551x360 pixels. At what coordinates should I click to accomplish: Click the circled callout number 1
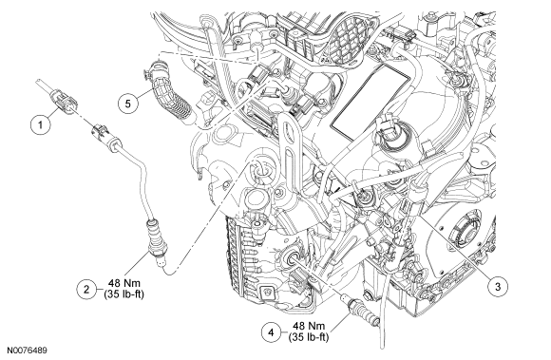click(41, 124)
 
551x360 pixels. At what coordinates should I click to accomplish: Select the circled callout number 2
click(86, 289)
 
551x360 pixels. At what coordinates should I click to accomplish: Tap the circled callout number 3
click(498, 286)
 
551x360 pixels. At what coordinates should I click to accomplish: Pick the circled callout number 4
click(271, 332)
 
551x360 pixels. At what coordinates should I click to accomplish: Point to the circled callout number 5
click(128, 104)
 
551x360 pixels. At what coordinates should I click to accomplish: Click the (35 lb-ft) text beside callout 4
click(309, 337)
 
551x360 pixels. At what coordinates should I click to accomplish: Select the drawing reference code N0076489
click(27, 351)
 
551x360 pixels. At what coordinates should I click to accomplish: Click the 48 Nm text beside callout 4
click(309, 326)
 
